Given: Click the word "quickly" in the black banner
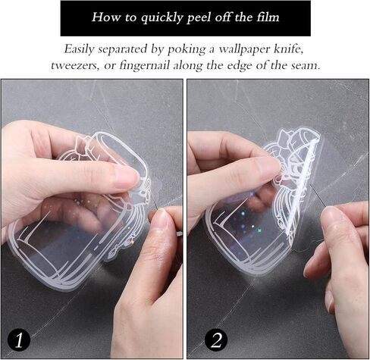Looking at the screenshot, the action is click(161, 18).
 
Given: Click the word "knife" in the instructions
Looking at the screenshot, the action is click(289, 49).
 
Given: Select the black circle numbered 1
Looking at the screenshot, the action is click(19, 340).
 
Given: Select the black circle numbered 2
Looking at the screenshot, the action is click(216, 340).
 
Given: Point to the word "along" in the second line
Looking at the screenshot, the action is click(188, 66).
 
